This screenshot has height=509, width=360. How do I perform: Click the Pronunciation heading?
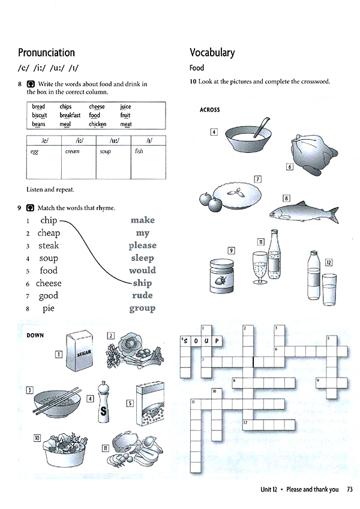(46, 53)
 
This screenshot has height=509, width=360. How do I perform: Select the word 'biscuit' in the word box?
(39, 115)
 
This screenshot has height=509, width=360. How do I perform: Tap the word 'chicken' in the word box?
(97, 124)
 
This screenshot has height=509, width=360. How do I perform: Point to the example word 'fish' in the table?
(139, 152)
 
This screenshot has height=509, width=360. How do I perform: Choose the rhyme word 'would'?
(142, 270)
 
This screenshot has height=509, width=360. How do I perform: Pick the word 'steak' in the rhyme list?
(49, 245)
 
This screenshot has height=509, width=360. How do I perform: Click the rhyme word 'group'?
(142, 309)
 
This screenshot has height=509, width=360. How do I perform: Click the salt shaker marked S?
(104, 405)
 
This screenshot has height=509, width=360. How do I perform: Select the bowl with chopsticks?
(56, 402)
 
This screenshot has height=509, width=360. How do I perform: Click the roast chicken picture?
(305, 155)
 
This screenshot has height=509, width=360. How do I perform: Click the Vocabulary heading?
(212, 53)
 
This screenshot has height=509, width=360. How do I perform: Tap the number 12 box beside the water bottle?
(328, 262)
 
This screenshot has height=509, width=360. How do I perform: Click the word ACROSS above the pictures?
(209, 110)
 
